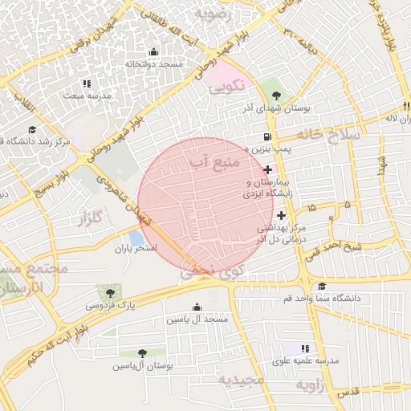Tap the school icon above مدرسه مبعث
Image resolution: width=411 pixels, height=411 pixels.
tap(87, 83)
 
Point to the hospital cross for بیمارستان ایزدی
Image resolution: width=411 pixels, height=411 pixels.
tap(267, 169)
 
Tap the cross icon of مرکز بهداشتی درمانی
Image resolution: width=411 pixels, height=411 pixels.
tap(281, 215)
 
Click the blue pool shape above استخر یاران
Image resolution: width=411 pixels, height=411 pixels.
tap(137, 238)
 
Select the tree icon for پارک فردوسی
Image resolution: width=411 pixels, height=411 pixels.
tap(110, 293)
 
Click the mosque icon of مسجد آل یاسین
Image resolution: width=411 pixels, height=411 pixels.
tap(197, 307)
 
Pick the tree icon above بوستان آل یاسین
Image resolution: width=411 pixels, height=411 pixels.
tap(142, 353)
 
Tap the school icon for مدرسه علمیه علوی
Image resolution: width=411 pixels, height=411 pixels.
tap(304, 348)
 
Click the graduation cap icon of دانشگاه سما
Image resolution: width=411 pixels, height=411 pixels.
tap(322, 287)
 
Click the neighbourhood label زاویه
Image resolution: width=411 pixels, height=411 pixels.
tap(312, 386)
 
